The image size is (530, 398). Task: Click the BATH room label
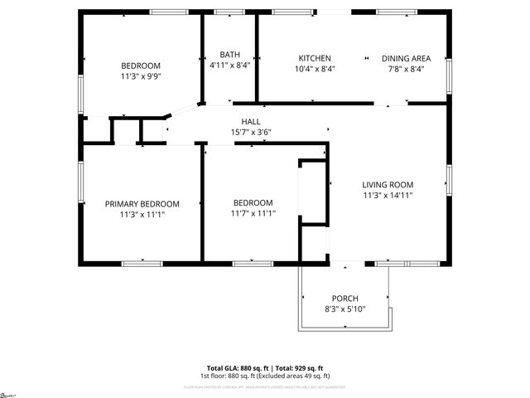(219, 54)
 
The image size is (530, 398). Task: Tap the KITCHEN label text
(315, 58)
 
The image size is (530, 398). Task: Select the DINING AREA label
(406, 58)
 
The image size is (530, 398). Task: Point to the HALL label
(251, 121)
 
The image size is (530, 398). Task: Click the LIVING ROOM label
(388, 184)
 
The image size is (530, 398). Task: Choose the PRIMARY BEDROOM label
(142, 203)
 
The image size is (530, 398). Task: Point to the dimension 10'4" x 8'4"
(315, 70)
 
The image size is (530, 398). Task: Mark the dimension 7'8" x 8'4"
(406, 70)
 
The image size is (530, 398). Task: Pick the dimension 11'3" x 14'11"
(388, 196)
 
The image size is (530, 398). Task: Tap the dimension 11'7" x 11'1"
(253, 214)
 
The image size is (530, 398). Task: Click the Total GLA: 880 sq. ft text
(235, 367)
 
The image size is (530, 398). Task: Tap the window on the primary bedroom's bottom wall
(141, 264)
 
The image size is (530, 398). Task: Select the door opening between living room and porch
(347, 264)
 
